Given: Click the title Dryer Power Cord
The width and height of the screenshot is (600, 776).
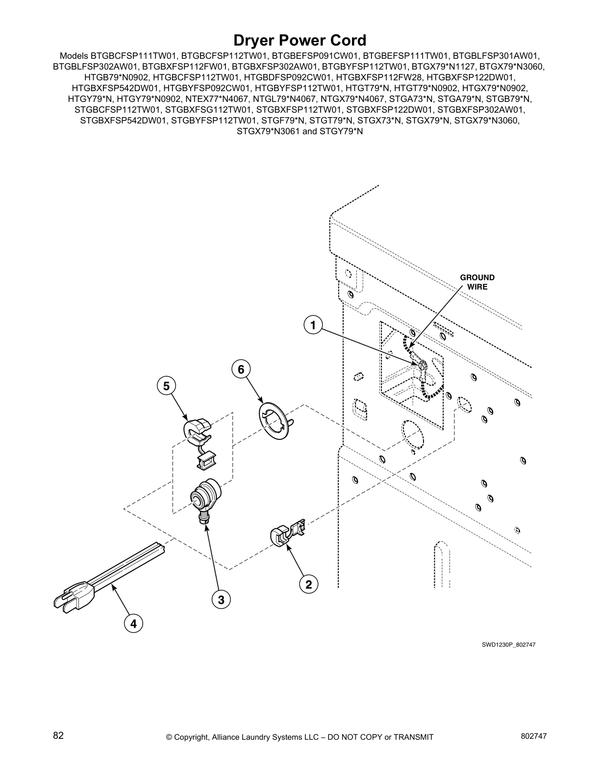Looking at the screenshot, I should coord(300,40).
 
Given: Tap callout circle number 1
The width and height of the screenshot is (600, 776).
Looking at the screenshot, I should coord(312,325).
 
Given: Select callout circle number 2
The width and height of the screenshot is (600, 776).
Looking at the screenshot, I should coord(308,584).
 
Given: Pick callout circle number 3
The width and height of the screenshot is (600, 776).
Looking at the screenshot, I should coord(221,599).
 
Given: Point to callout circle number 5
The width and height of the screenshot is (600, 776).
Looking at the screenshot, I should coord(167,386).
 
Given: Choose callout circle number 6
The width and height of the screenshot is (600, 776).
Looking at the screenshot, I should coord(241,369).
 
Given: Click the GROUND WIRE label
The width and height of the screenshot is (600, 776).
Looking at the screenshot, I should coord(477,282).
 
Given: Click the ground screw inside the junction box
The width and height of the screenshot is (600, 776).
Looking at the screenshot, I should coord(423,365).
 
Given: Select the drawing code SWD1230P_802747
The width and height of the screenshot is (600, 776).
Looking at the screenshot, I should coord(508,645).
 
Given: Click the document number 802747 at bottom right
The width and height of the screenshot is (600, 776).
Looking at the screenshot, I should coord(533,736).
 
